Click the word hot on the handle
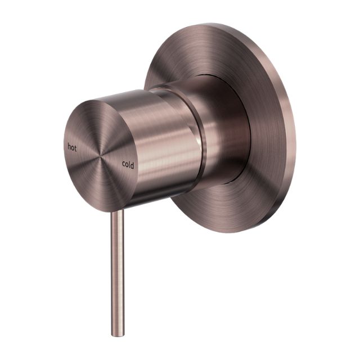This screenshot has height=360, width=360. [72, 147]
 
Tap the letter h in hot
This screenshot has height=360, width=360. [69, 146]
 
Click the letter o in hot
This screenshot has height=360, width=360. [73, 147]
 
